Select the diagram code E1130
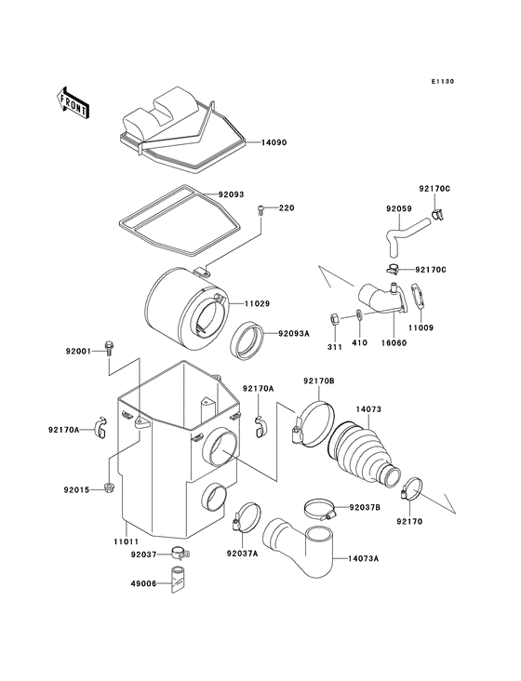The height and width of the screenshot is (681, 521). coord(443,82)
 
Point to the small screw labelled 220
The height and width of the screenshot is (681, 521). coord(262,209)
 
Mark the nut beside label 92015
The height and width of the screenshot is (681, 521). coord(110,488)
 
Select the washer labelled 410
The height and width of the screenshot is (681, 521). coord(359,316)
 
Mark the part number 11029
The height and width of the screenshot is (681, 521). coord(258,303)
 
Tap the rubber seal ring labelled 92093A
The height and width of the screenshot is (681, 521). coord(249,340)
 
